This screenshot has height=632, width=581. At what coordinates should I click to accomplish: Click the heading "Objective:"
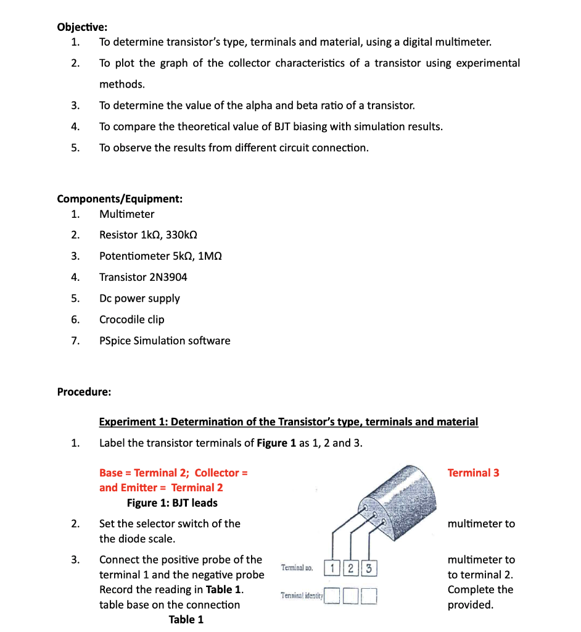[81, 27]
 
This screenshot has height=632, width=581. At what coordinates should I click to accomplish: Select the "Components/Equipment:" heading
[119, 199]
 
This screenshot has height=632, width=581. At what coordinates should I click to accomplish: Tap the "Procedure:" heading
[84, 391]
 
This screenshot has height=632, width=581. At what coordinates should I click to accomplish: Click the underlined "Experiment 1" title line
[288, 422]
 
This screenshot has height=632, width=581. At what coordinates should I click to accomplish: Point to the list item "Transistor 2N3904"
[143, 277]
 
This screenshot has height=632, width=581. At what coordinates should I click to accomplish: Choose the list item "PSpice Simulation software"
[165, 341]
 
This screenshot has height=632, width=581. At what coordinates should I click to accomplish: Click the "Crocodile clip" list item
[131, 319]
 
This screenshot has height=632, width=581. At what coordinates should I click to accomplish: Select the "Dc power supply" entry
[139, 298]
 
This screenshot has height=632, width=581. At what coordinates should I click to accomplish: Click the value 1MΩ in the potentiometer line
[209, 256]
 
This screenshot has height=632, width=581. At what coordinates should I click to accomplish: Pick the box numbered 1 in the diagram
[332, 568]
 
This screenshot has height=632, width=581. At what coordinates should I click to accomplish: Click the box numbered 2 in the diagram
[350, 568]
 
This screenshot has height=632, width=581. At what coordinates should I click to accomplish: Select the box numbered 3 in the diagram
[368, 568]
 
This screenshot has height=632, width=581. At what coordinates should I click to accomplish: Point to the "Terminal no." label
[297, 567]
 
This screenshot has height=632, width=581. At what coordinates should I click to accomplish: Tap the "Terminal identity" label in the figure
[302, 596]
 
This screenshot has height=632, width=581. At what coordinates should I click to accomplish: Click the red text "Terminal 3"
[473, 473]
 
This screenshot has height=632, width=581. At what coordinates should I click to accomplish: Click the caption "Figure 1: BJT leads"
[172, 503]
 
